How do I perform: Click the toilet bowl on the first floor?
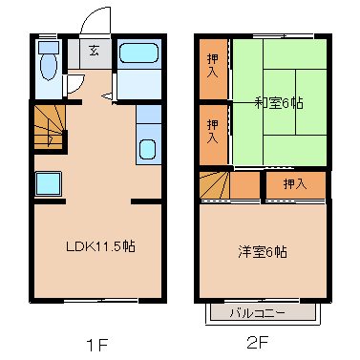coord(48,65)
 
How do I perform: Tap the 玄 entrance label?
coord(95,53)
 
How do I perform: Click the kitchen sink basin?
coord(147,149)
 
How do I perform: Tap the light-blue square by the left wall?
coord(48,183)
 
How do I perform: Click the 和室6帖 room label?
coord(279,102)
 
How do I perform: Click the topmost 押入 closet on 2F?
coord(213,68)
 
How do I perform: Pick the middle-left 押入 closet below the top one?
coord(213,129)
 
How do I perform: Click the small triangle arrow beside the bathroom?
coord(107,94)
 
